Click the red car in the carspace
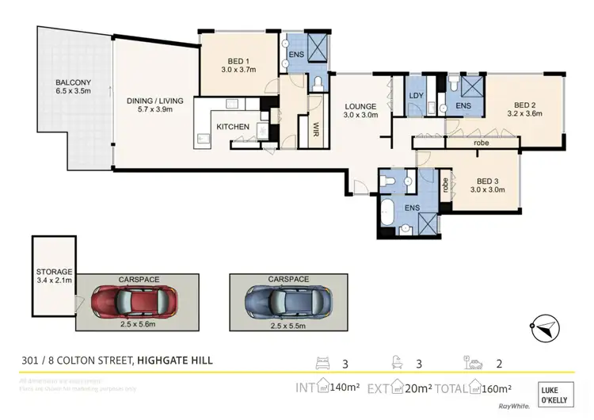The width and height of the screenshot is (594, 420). coord(132,301)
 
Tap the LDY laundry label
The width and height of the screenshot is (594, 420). coord(417,97)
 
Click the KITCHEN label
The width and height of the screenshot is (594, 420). coord(233,127)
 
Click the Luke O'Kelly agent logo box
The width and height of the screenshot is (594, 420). coord(560,394)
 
